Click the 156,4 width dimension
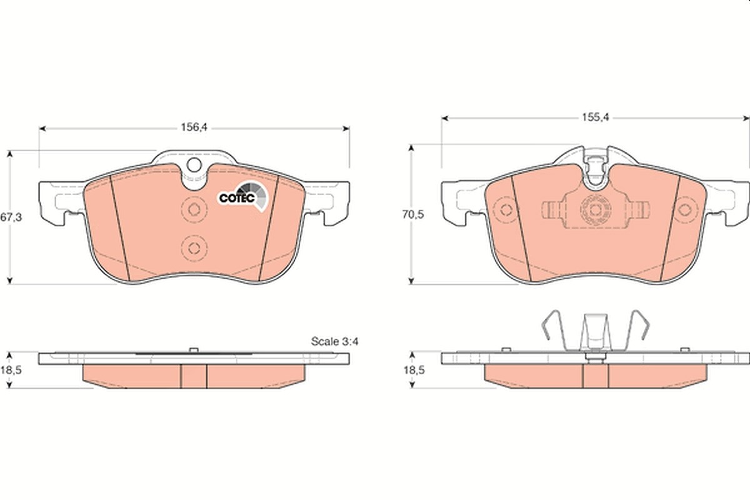(194, 127)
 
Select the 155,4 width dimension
(595, 117)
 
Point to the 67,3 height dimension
(11, 217)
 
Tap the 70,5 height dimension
(413, 214)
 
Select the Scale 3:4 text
(335, 341)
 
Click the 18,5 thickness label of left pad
(11, 370)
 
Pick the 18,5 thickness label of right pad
(414, 370)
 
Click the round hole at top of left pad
(194, 165)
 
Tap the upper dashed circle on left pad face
(194, 210)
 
